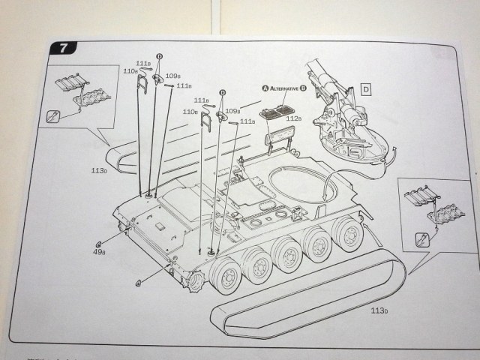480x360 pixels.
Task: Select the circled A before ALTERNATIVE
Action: (265, 88)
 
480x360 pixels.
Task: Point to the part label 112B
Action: (293, 119)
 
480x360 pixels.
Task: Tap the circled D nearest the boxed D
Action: (222, 93)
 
